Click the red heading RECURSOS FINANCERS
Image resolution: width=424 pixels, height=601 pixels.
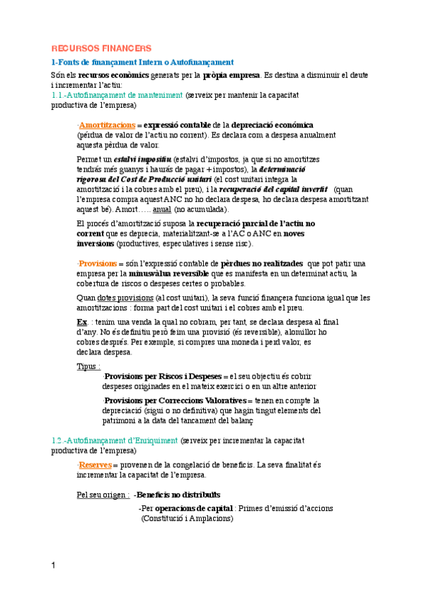(101, 48)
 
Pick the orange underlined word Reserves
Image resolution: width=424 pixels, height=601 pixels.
(95, 464)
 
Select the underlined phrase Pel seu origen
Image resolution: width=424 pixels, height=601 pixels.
(102, 494)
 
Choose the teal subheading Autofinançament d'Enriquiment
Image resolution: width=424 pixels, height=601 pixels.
(115, 440)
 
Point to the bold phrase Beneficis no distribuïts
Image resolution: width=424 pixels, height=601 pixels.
(177, 494)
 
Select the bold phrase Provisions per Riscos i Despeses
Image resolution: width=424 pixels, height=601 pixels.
(162, 376)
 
